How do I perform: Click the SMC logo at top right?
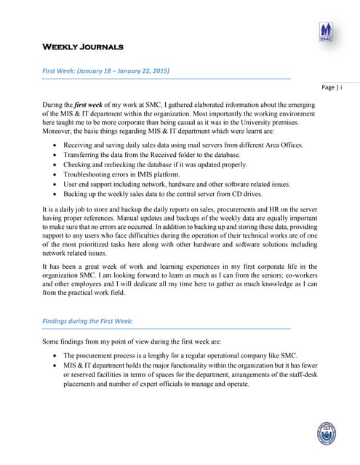pyautogui.click(x=326, y=32)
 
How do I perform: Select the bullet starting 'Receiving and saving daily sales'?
pyautogui.click(x=182, y=145)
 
